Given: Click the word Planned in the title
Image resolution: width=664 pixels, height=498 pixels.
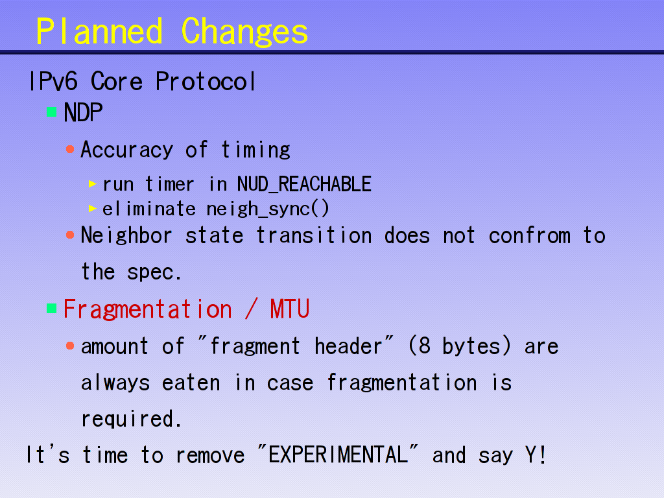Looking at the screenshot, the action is (x=99, y=31).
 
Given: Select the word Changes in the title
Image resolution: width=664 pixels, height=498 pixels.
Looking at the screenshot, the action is (x=244, y=32).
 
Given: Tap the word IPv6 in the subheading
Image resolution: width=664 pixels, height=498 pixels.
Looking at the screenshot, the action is (x=54, y=81).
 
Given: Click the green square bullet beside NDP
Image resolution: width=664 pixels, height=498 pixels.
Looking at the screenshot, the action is (x=52, y=112).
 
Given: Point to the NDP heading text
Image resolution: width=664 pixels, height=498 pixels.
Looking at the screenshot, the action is (x=83, y=113).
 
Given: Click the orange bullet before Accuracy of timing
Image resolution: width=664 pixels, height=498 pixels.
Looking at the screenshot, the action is (x=70, y=149).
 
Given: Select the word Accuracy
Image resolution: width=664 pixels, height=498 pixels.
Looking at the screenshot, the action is (x=127, y=150).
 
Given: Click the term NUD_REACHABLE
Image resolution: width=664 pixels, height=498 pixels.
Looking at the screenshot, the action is (x=304, y=184).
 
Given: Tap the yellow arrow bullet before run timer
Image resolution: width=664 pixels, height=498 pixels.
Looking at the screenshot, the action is (x=93, y=184).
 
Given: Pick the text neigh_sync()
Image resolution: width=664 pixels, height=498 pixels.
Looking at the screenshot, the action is (x=268, y=209).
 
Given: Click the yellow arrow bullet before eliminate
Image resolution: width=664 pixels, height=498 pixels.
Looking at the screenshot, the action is (x=93, y=208).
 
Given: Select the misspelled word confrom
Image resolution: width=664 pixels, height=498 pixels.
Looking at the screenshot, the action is (x=530, y=235).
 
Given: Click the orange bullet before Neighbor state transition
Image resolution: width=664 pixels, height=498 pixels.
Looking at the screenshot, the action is (x=70, y=235).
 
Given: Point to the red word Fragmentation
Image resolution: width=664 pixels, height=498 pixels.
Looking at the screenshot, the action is (x=147, y=309).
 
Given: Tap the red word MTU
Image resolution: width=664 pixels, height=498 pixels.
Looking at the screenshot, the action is (x=290, y=309).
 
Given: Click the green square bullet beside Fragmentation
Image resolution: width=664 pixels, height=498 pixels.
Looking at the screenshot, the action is (x=52, y=308).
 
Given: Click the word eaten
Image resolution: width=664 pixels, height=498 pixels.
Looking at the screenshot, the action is (x=191, y=383).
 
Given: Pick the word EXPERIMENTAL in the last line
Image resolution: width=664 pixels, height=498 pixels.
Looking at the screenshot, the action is (x=338, y=455).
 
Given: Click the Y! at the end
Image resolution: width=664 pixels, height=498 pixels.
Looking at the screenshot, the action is (x=536, y=455).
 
